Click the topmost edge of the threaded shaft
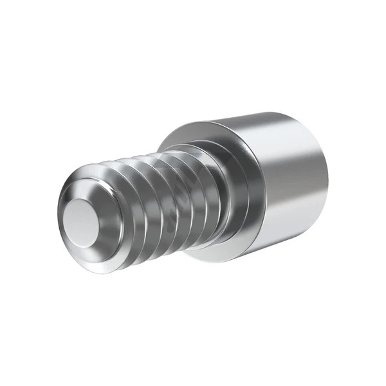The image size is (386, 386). pyautogui.click(x=148, y=158)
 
